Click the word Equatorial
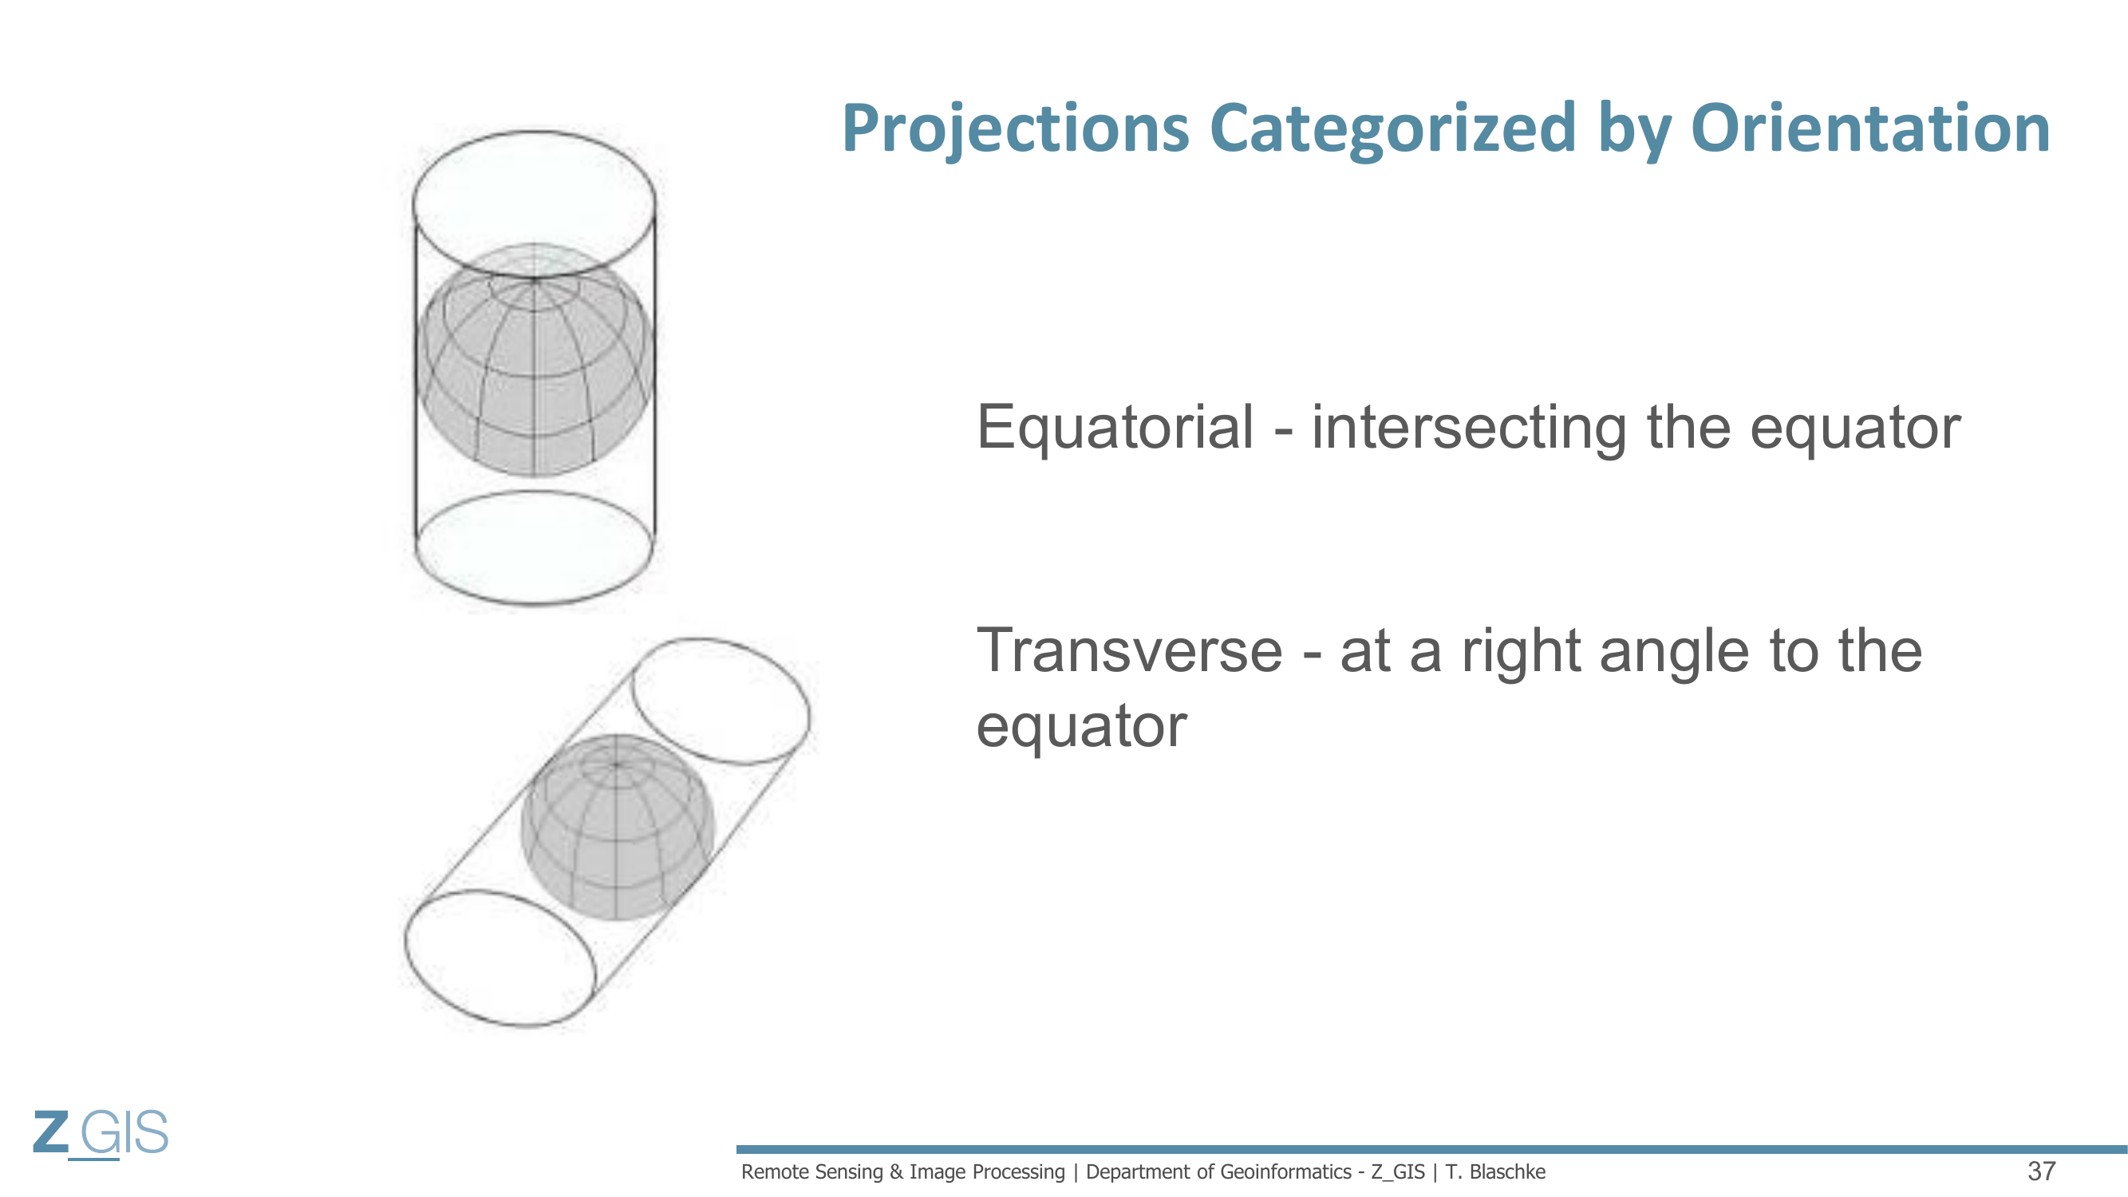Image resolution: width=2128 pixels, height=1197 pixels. tap(1115, 427)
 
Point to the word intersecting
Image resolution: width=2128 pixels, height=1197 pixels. tap(1469, 429)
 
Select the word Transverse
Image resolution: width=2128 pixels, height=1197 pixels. tap(1129, 651)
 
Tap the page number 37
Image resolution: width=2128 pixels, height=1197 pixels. tap(2041, 1171)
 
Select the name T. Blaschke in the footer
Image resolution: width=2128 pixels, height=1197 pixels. tap(1494, 1171)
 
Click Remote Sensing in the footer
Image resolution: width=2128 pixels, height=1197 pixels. tap(813, 1171)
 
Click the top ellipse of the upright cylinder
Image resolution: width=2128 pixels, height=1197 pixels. tap(535, 132)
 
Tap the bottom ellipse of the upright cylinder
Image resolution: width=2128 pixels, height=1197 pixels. tap(535, 605)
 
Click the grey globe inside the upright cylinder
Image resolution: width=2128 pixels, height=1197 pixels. tap(535, 360)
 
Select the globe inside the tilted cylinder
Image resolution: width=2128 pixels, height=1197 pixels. tap(617, 827)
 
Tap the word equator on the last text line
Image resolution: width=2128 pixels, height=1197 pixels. tap(1081, 727)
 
